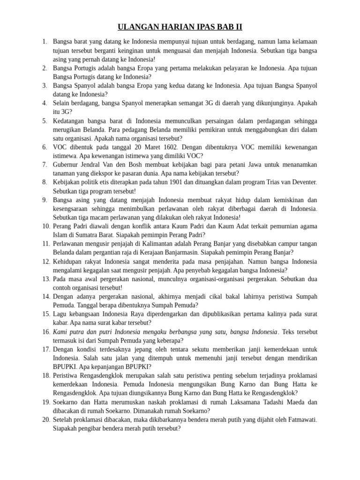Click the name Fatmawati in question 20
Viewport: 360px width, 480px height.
[x=301, y=420]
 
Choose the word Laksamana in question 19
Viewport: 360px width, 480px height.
[x=236, y=402]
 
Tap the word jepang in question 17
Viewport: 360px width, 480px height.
[x=132, y=349]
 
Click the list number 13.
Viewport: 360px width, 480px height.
[x=46, y=279]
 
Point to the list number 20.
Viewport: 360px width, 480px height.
[x=46, y=420]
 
